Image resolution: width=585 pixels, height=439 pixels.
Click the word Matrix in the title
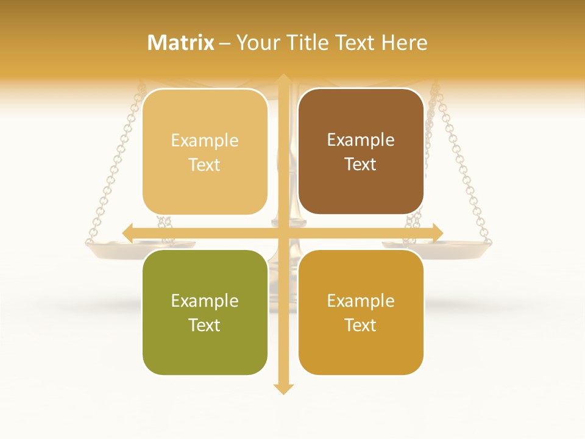pos(181,43)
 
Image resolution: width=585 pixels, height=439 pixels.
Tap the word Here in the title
pos(404,43)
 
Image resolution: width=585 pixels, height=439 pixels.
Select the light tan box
pos(205,152)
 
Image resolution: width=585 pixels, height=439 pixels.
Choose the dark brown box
pos(361,152)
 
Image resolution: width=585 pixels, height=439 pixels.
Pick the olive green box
pos(205,312)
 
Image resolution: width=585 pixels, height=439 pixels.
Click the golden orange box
pos(361,312)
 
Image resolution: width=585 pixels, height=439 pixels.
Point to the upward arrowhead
pos(283,79)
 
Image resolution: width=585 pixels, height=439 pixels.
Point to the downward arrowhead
pos(283,388)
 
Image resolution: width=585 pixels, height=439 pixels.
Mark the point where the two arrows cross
pos(283,233)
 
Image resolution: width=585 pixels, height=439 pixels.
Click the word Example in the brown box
pos(361,140)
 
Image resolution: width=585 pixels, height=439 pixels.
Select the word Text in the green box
pos(205,325)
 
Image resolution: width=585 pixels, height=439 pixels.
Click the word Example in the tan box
pos(205,140)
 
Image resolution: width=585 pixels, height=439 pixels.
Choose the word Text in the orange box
pos(361,325)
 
